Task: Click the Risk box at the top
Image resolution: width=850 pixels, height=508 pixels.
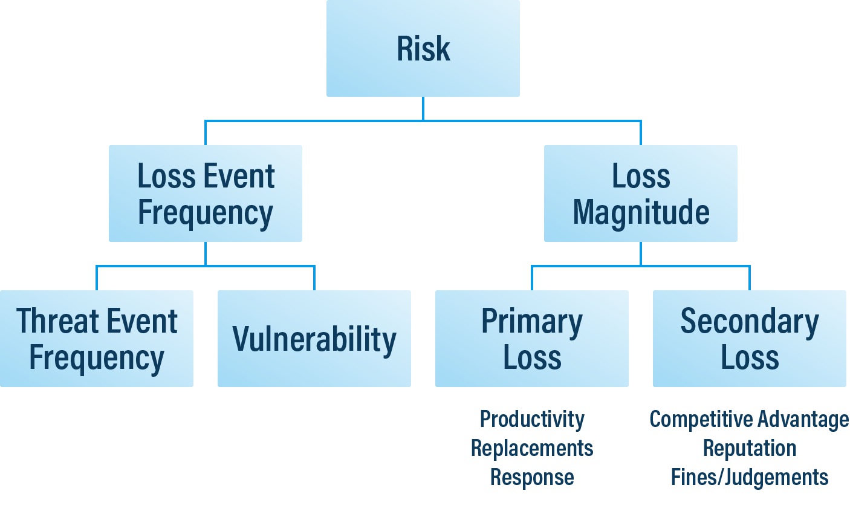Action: coord(423,48)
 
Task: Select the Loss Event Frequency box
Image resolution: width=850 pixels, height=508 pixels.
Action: coord(205,194)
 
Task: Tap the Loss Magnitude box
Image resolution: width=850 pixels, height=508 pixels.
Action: coord(640,194)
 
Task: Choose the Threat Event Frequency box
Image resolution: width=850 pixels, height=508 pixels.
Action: coord(97,339)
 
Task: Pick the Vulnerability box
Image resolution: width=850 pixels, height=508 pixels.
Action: coord(314,339)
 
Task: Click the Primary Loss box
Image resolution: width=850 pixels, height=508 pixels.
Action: coord(531,339)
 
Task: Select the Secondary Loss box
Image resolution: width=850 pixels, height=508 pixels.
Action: coord(749,339)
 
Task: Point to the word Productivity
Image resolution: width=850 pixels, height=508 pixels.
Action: coord(531,418)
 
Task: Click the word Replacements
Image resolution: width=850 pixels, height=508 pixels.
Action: coord(531,448)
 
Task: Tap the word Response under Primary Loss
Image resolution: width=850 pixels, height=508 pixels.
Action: coord(531,477)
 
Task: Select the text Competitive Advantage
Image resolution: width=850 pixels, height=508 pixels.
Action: coord(749,418)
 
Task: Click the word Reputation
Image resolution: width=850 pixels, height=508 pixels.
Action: coord(749,448)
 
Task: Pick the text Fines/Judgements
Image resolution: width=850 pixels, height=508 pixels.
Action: coord(749,477)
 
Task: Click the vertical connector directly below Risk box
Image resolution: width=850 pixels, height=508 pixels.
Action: coord(423,109)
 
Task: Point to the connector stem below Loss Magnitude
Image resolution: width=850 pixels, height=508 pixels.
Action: coord(641,253)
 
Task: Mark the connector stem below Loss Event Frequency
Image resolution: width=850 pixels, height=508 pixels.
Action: coord(206,253)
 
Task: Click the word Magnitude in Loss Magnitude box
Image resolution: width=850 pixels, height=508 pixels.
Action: coord(641,212)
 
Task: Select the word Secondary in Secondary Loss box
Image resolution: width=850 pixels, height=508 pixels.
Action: coord(749,321)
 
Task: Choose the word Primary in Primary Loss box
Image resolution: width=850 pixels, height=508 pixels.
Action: coord(531,321)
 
